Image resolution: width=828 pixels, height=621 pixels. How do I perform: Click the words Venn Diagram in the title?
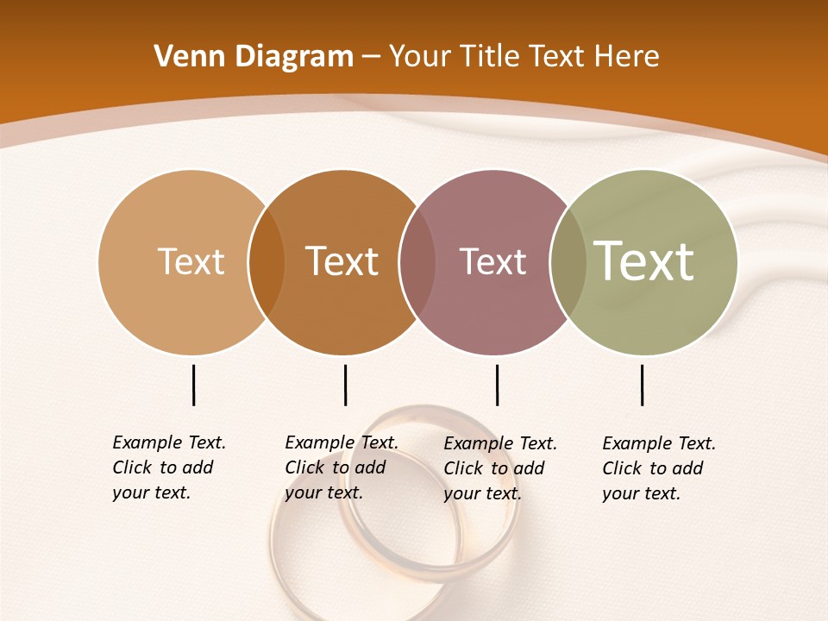coord(254,57)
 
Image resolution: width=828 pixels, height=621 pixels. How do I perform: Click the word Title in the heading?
coord(486,57)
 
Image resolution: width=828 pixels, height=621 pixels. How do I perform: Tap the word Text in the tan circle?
coord(191,261)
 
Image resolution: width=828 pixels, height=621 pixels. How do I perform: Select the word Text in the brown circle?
coord(342,261)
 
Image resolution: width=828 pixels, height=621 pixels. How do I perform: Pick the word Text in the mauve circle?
coord(492,261)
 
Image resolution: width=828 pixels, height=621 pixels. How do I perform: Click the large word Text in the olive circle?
coord(644,261)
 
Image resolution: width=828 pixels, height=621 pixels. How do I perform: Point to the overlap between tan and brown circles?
coord(267,261)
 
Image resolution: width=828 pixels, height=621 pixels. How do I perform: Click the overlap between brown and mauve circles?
coord(417,261)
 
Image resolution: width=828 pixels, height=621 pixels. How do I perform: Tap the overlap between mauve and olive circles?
coord(568,261)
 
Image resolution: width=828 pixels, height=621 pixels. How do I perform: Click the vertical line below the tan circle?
coord(194,385)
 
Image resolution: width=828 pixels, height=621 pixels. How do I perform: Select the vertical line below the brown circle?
coord(345,385)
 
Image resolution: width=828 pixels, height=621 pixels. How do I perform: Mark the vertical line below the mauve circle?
coord(497,385)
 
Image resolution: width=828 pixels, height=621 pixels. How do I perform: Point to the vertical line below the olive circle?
coord(642,385)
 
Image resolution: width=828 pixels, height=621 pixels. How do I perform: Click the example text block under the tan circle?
coord(169,467)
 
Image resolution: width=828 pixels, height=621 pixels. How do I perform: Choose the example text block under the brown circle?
coord(342,467)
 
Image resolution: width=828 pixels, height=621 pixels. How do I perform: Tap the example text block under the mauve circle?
coord(500,468)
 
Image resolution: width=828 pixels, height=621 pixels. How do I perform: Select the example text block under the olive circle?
coord(659,468)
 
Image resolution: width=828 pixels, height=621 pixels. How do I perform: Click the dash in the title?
coord(371,57)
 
